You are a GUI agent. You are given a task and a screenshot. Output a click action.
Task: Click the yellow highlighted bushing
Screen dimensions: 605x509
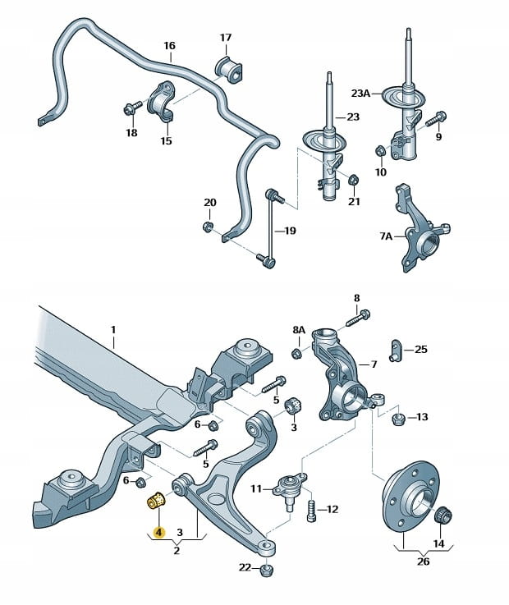156,500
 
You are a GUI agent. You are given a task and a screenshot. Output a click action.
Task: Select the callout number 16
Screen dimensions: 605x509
169,46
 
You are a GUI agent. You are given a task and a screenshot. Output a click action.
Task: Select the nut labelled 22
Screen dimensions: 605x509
265,571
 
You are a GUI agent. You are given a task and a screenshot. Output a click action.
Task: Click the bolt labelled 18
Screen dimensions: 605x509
131,108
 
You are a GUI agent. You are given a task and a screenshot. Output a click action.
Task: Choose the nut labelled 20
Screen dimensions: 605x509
209,226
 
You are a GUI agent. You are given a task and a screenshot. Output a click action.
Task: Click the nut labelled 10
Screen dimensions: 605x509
380,151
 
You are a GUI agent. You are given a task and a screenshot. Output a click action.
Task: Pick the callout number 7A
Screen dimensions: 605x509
386,236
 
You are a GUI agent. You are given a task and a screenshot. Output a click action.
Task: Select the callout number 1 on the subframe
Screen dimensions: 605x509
114,330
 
